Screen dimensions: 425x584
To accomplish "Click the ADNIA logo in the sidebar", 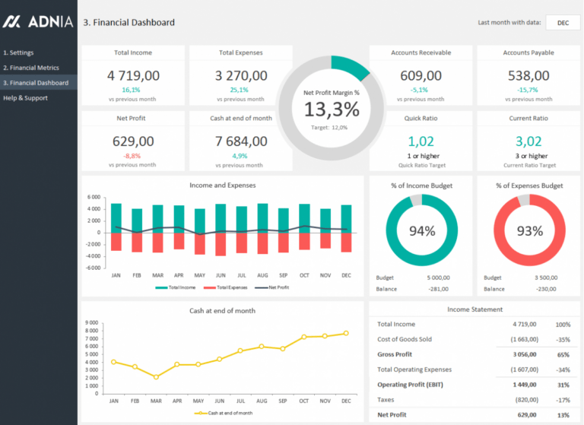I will click(37, 22).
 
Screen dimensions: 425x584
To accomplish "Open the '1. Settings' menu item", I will click(19, 52).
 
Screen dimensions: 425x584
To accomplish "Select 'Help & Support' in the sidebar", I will click(25, 98).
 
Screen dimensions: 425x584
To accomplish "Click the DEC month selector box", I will click(563, 23).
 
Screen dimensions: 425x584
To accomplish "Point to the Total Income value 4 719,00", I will click(133, 75).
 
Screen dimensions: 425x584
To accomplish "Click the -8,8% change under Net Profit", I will click(132, 155).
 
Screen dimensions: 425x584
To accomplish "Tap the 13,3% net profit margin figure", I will click(331, 109).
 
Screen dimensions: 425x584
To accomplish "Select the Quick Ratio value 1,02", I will click(421, 141).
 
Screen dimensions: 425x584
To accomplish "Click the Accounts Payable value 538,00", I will click(528, 75).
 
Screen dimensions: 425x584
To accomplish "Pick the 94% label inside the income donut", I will click(421, 231).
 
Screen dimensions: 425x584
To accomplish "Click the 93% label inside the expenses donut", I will click(529, 231).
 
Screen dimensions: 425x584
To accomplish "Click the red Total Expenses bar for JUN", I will click(221, 244).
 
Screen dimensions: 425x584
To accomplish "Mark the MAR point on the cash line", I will click(157, 377).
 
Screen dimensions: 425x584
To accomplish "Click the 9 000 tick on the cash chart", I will click(91, 322).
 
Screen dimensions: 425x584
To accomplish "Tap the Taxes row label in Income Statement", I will click(387, 399).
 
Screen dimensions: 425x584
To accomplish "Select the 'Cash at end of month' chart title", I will click(222, 310).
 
